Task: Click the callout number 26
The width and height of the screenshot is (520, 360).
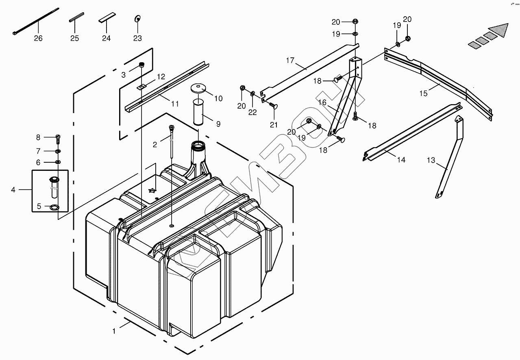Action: tap(38, 39)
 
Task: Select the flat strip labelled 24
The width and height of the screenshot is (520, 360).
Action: tap(106, 20)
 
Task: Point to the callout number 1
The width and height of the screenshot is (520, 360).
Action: tap(114, 331)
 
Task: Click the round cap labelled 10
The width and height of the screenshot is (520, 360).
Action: tap(199, 88)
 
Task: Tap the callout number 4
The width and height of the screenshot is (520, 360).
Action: tap(13, 190)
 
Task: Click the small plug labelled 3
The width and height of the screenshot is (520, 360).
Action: tap(142, 65)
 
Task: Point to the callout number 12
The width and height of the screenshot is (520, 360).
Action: tap(161, 76)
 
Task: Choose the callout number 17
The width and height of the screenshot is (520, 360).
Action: tap(290, 61)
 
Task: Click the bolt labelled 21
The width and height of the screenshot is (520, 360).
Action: tap(274, 106)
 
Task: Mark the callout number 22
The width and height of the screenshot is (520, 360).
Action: tap(252, 112)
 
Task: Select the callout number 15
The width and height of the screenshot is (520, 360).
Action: tap(424, 94)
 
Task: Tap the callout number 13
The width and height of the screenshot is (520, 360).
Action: tap(431, 161)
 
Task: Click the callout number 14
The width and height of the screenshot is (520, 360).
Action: tap(401, 160)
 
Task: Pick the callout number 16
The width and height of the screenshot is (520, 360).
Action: tap(322, 103)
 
